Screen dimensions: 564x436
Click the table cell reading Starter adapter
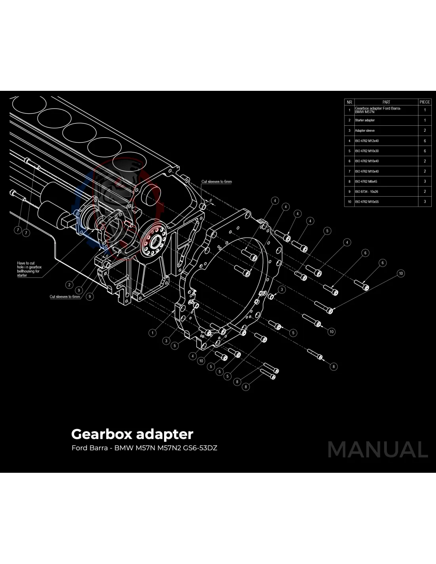(365, 120)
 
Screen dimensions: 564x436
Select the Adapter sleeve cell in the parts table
(365, 130)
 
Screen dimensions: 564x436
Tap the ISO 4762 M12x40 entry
(367, 141)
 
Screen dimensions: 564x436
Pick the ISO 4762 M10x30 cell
(367, 151)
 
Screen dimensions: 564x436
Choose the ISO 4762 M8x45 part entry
(366, 182)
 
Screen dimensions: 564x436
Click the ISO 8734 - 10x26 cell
(366, 192)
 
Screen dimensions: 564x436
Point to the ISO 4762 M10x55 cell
(367, 202)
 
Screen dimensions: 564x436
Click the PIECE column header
(425, 102)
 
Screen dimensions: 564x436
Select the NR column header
(349, 102)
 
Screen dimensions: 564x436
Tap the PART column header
(386, 102)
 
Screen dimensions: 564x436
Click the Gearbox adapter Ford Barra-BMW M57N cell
(378, 110)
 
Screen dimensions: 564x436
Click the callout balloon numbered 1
(153, 333)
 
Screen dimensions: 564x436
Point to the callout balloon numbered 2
(69, 285)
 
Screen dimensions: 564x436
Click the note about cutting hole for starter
(29, 269)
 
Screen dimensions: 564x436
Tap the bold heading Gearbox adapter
(132, 434)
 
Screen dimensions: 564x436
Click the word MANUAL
(378, 450)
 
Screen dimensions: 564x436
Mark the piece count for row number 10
(425, 202)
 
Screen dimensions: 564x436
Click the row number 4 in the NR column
(349, 141)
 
